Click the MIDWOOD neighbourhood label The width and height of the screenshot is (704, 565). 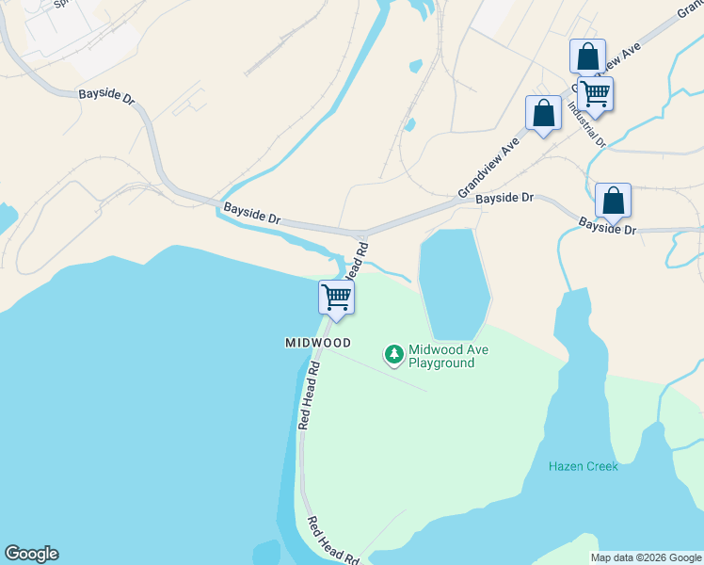coord(318,343)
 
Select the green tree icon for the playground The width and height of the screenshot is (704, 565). coord(393,355)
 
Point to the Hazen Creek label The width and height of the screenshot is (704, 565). coord(584,466)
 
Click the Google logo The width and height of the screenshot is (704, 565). coord(31,554)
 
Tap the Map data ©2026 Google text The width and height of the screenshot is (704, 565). coord(646,557)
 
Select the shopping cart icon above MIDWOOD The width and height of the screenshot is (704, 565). coord(336,298)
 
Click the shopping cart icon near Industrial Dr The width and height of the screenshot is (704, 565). coord(595,93)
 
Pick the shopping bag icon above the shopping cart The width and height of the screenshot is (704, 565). coord(587,56)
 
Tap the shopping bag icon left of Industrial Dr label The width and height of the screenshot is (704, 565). coord(543,113)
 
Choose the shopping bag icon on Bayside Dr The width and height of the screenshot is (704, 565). coord(613,200)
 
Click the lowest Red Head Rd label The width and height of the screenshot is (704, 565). coord(334,540)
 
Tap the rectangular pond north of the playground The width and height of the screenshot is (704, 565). coord(454,280)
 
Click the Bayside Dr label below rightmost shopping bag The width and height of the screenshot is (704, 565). coord(607,228)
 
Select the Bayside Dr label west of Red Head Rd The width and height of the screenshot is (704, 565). coord(251,212)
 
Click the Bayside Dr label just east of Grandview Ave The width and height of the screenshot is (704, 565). coord(504,199)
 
